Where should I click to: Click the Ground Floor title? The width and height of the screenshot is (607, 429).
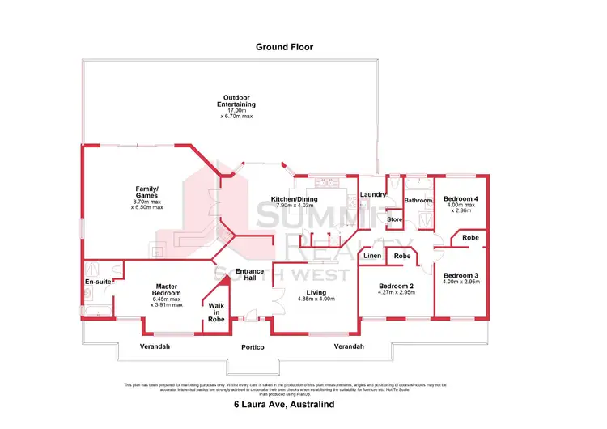click(x=284, y=47)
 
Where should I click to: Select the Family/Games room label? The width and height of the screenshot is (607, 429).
click(x=146, y=193)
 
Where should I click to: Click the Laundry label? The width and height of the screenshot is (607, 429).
click(x=372, y=194)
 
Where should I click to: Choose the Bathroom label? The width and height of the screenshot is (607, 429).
click(x=418, y=200)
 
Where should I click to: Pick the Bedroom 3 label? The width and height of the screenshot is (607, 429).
click(x=461, y=275)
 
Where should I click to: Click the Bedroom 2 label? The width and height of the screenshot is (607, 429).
click(x=396, y=287)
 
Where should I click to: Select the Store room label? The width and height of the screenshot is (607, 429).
click(x=394, y=219)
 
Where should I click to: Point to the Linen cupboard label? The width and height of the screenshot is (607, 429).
click(x=372, y=256)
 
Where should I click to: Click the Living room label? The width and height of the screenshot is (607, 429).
click(x=311, y=293)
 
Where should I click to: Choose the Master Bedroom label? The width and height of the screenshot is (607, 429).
click(x=167, y=289)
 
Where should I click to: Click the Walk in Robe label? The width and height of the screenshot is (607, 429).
click(x=216, y=312)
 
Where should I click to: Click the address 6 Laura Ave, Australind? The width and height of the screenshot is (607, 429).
click(x=284, y=404)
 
